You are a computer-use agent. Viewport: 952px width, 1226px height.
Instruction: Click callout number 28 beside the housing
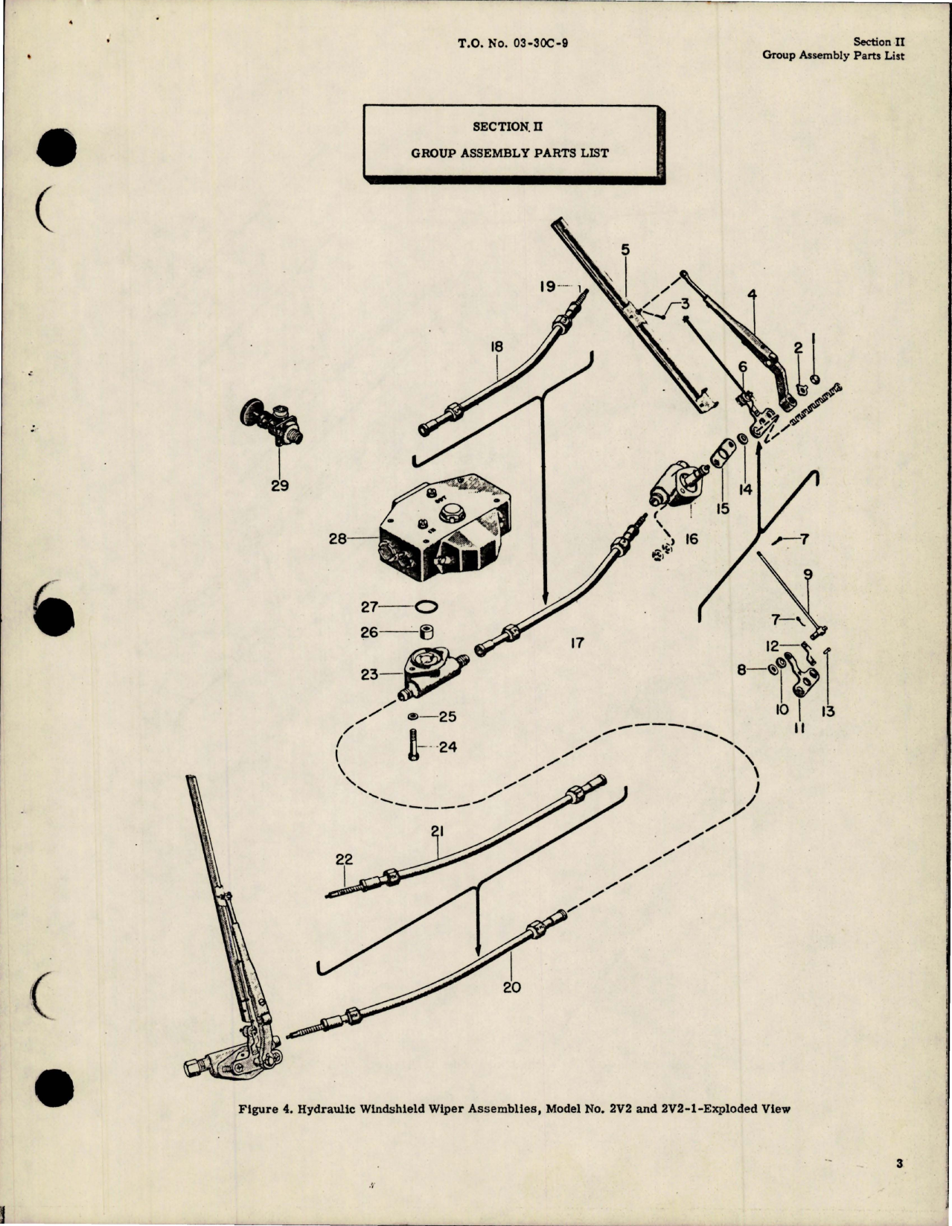[338, 538]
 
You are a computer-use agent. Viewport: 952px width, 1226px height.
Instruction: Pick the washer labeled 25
[413, 716]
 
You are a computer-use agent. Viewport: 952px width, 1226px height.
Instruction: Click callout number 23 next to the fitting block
[370, 674]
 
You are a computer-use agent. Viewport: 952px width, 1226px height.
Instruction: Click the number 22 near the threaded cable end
[344, 859]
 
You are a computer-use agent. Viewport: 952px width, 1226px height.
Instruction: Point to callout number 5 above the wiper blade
[625, 250]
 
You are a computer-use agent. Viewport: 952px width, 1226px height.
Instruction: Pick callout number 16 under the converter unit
[691, 538]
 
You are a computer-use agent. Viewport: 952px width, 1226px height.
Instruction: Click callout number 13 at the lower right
[828, 712]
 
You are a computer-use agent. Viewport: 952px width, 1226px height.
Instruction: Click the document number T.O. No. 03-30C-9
[514, 43]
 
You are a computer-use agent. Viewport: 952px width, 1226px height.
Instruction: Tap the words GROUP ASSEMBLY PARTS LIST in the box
[510, 153]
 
